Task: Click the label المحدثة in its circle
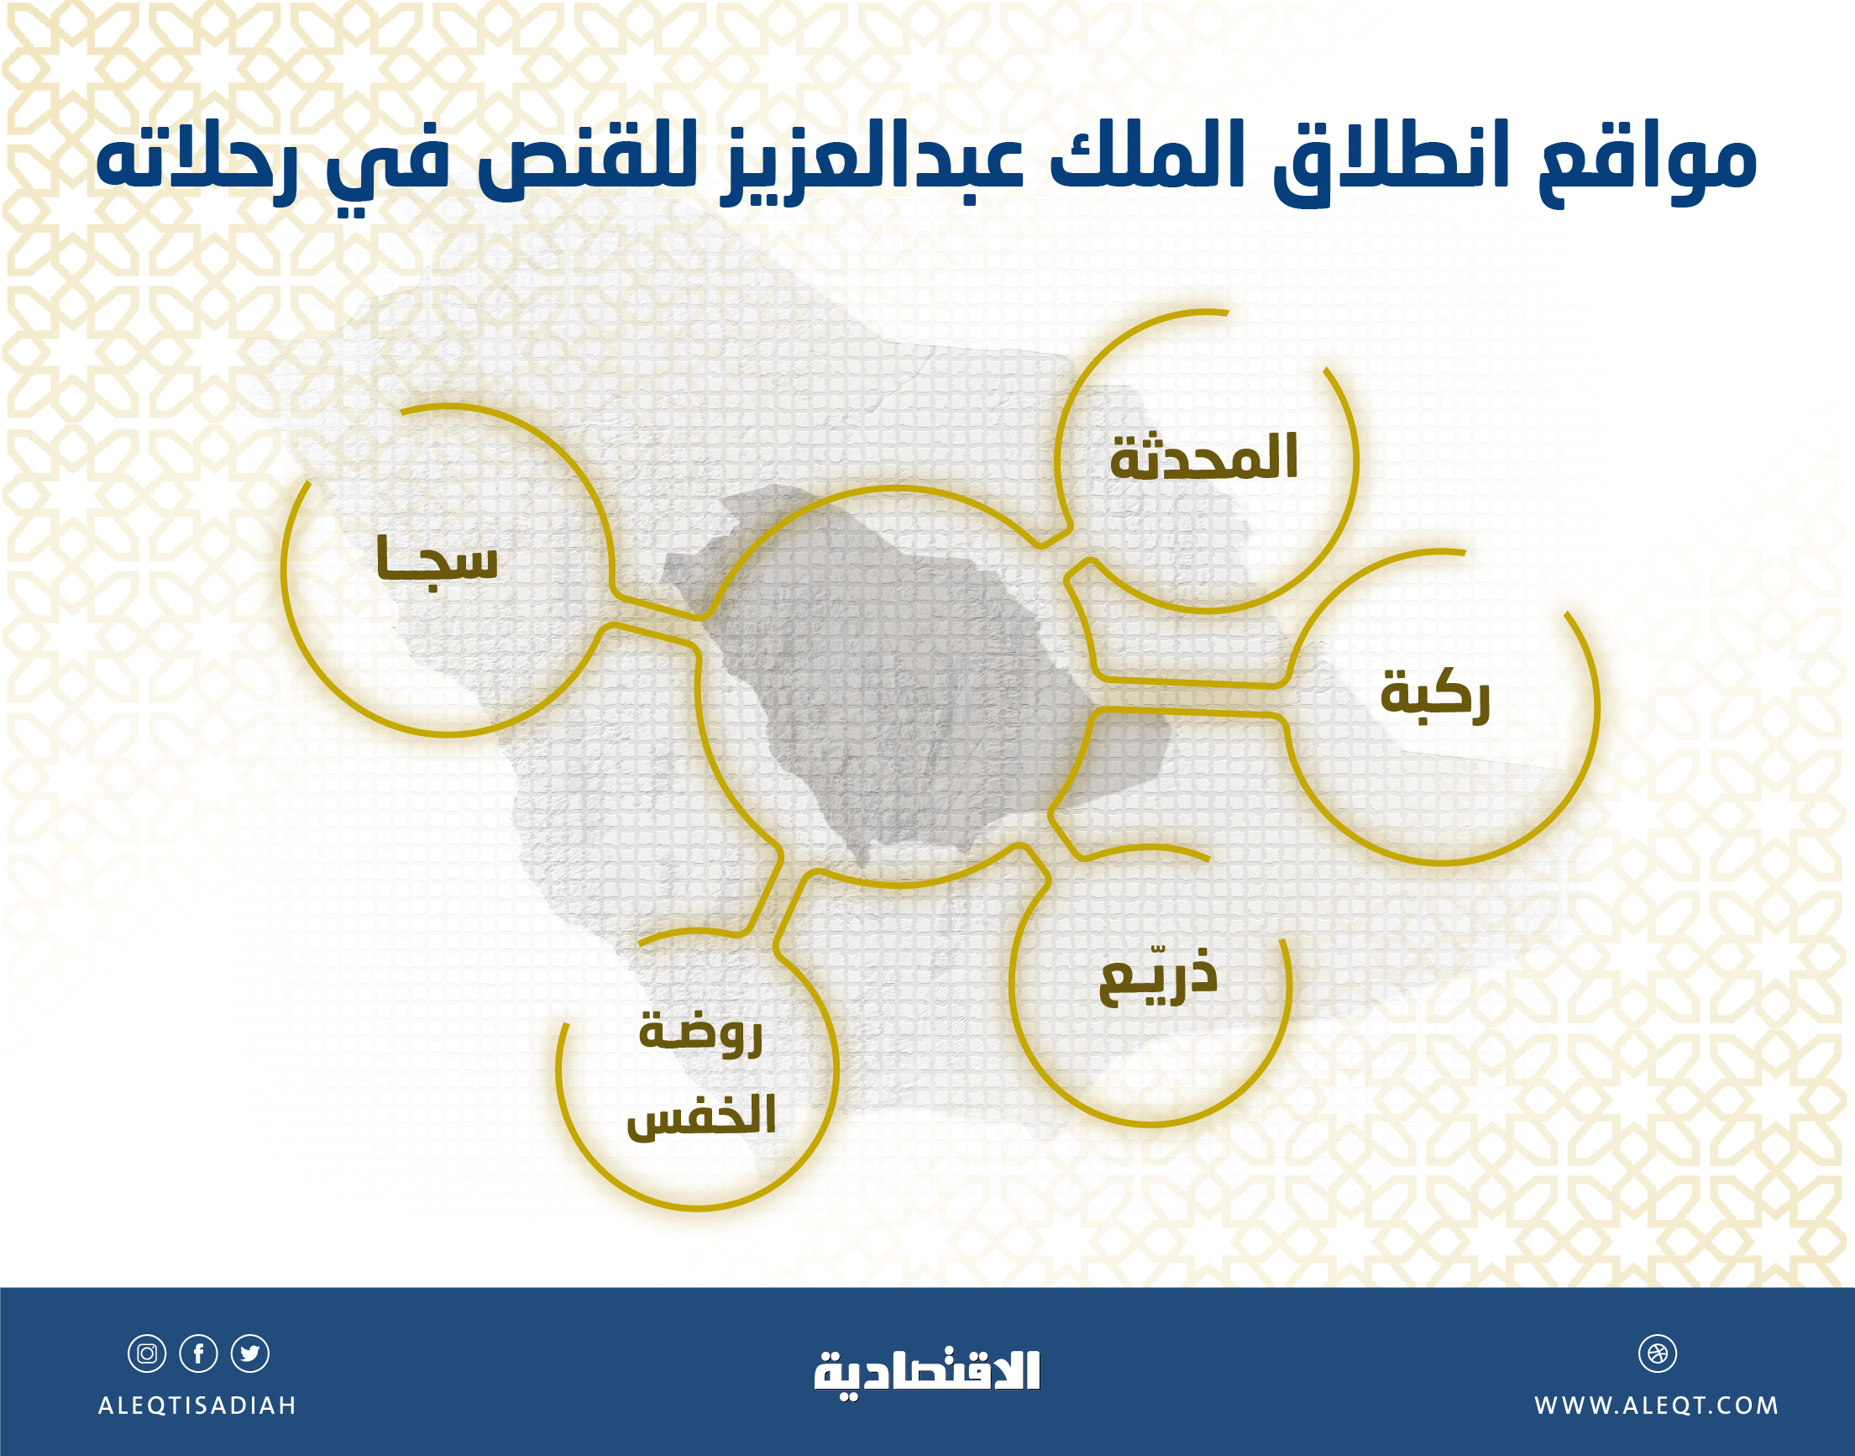tap(1203, 459)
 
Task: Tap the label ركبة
tap(1435, 695)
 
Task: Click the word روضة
tap(700, 1032)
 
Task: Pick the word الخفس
tap(701, 1116)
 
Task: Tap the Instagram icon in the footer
tap(147, 1353)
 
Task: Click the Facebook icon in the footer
tap(198, 1353)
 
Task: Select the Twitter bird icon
tap(250, 1353)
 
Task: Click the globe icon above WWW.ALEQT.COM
tap(1658, 1353)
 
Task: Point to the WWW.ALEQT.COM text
tap(1657, 1405)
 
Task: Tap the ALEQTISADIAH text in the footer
tap(197, 1405)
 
